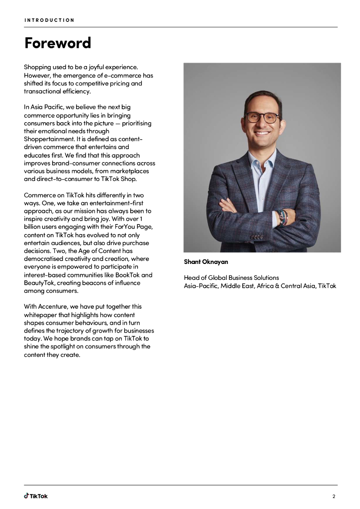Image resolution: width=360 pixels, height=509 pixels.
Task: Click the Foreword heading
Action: [x=58, y=43]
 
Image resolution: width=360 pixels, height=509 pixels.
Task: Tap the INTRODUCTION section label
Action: [x=49, y=20]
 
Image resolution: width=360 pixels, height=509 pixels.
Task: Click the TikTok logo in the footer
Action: [x=36, y=496]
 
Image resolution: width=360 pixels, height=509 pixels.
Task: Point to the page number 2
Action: [x=334, y=496]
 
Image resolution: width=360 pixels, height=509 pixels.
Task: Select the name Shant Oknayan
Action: [x=206, y=262]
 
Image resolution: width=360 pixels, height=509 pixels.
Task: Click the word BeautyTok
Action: [x=40, y=283]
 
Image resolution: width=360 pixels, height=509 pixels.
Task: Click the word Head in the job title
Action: [x=192, y=278]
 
